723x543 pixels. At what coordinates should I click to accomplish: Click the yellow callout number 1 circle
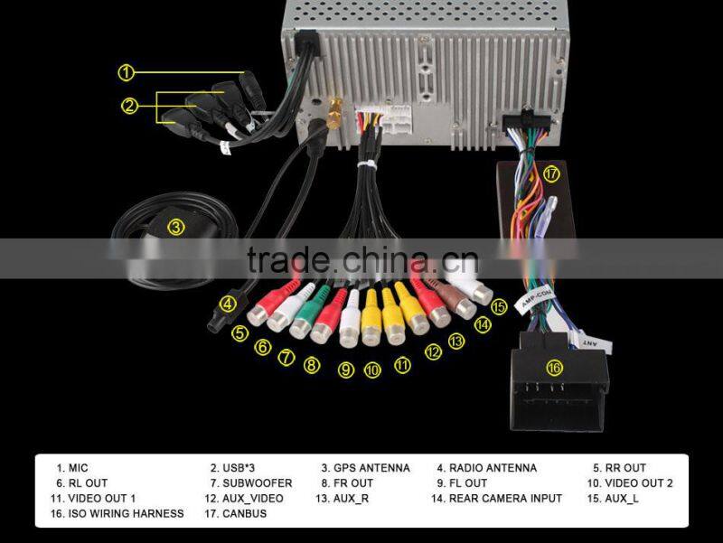[x=127, y=71]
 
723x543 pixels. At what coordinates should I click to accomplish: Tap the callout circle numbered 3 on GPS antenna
[x=176, y=228]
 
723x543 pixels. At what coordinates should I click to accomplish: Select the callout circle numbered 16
[x=554, y=368]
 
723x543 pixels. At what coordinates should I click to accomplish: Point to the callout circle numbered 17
[x=551, y=173]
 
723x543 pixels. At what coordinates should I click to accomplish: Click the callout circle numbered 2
[x=130, y=107]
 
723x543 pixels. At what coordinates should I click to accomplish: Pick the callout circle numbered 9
[x=346, y=370]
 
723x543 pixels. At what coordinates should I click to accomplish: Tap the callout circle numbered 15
[x=498, y=307]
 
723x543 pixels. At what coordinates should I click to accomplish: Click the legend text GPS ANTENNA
[x=366, y=468]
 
